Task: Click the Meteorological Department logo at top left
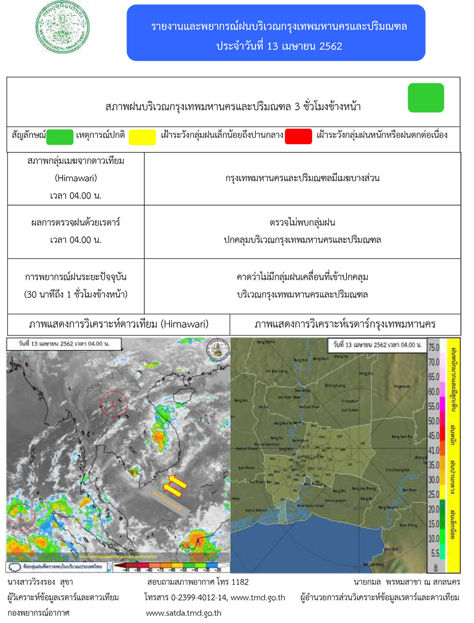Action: [62, 27]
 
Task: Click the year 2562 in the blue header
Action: [330, 46]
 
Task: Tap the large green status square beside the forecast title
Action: [426, 98]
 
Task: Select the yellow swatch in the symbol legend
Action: [142, 137]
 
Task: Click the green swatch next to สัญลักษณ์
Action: [60, 137]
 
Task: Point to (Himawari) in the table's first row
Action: [76, 178]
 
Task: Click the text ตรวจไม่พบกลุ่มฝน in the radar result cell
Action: [302, 222]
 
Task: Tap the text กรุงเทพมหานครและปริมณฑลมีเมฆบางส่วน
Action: [302, 178]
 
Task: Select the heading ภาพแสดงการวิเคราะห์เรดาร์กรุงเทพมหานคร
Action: [345, 324]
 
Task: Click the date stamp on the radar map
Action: [377, 345]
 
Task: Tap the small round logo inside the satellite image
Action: [217, 350]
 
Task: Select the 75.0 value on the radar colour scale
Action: [433, 347]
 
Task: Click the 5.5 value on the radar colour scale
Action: [435, 553]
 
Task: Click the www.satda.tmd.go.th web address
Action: [184, 613]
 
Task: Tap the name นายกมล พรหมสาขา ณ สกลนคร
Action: [406, 582]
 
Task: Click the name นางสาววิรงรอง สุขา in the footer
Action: [40, 582]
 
